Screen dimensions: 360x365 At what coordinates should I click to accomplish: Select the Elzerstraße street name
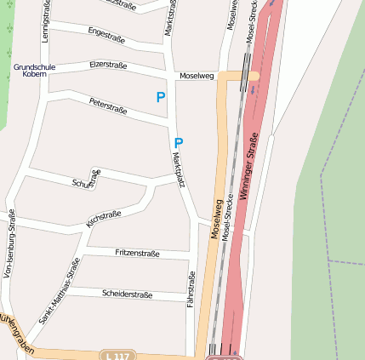pos(108,64)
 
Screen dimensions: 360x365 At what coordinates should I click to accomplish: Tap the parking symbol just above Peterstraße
pos(160,98)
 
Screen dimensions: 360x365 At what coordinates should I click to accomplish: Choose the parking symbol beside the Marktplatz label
pos(179,143)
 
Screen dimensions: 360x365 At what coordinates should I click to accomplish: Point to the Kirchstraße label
pos(104,218)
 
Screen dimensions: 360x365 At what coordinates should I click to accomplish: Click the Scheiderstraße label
pos(127,294)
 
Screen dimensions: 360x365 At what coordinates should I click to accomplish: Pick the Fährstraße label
pos(191,289)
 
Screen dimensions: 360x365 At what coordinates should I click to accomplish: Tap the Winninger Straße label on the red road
pos(248,164)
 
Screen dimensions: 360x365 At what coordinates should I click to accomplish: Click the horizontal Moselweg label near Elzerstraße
pos(197,76)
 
